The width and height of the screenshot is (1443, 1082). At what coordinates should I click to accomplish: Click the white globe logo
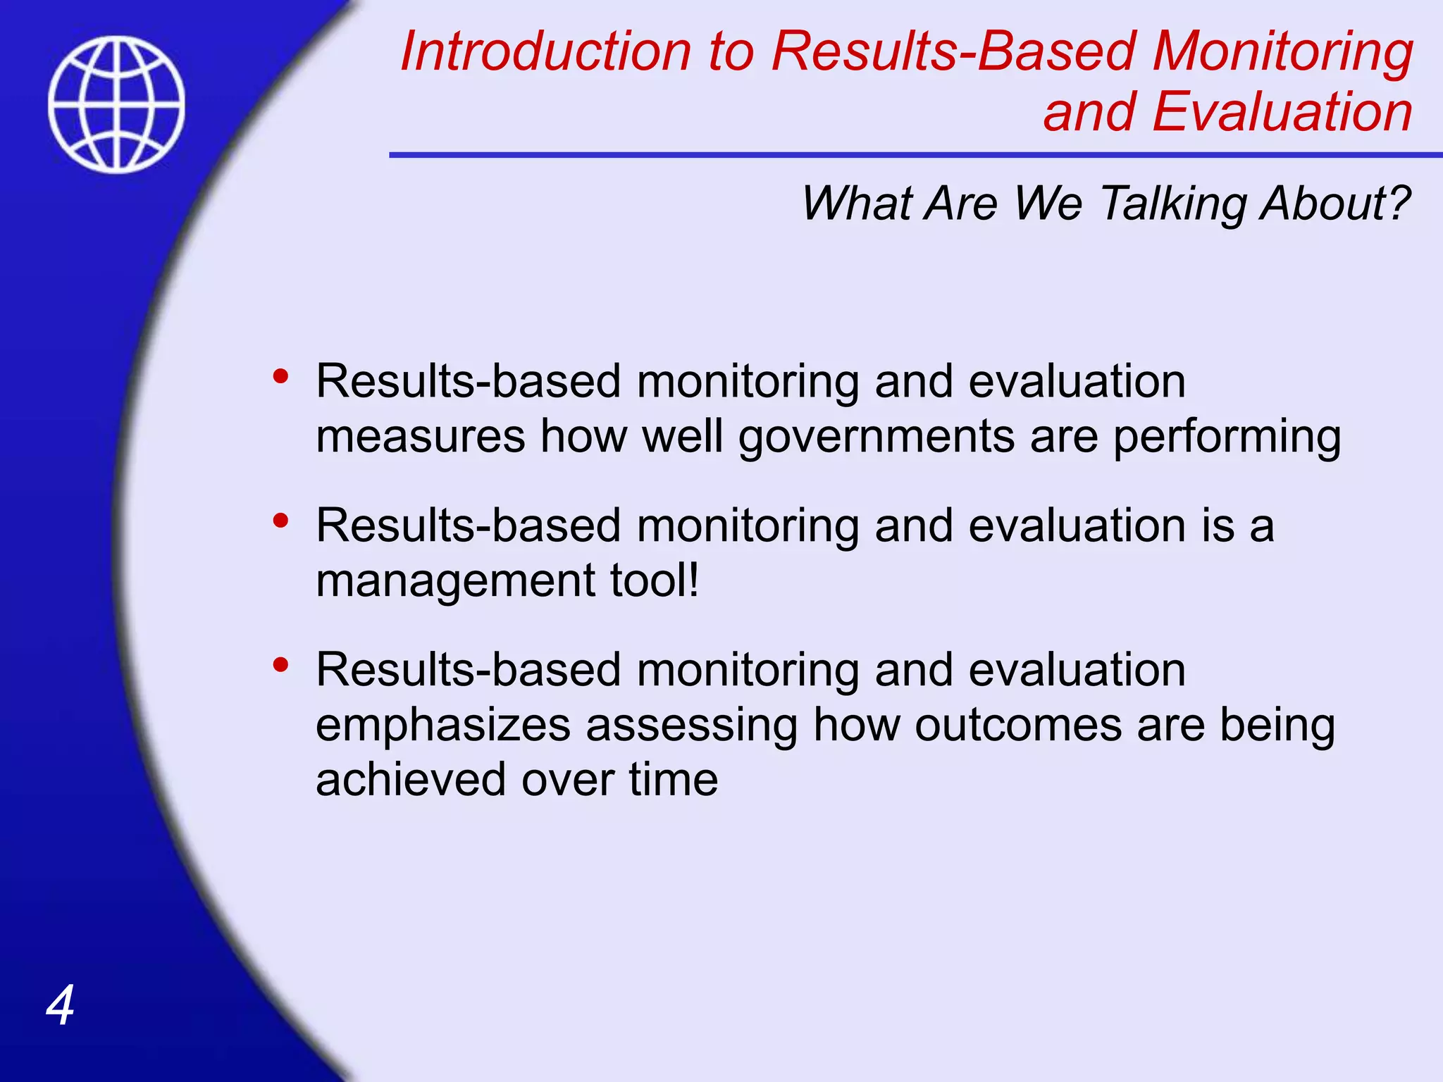117,104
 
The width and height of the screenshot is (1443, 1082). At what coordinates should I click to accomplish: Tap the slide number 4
60,1005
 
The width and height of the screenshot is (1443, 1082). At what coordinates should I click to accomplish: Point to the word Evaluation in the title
1282,113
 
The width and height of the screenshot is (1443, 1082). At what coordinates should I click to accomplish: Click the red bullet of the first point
280,376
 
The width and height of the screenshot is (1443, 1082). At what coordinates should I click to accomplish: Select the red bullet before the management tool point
280,521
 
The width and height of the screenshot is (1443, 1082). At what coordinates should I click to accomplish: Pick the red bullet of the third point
280,664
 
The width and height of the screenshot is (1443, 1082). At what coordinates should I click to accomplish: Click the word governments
877,437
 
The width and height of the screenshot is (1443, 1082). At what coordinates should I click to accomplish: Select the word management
455,582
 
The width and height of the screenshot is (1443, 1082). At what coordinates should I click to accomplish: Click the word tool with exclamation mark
655,580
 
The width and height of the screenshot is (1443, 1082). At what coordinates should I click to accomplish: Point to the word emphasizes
443,726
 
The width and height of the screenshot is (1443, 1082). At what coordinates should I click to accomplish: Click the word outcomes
1017,725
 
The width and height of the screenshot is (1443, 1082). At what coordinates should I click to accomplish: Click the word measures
421,437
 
